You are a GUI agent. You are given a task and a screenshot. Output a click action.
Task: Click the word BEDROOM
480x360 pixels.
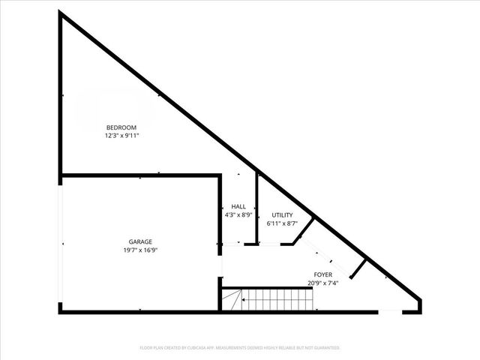pyautogui.click(x=121, y=127)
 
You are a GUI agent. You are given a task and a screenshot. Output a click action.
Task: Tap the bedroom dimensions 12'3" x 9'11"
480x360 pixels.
pyautogui.click(x=121, y=136)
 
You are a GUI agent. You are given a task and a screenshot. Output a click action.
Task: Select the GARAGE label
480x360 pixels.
pyautogui.click(x=140, y=241)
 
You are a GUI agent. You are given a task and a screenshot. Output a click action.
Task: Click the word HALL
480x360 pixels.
pyautogui.click(x=238, y=206)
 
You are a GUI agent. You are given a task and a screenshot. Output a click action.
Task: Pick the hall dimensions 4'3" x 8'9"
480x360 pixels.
pyautogui.click(x=238, y=214)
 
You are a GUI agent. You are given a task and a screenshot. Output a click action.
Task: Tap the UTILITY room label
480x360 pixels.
pyautogui.click(x=282, y=214)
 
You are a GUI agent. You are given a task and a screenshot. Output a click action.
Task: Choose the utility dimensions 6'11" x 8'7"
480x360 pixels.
pyautogui.click(x=282, y=223)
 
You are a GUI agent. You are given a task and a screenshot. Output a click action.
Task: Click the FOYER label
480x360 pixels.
pyautogui.click(x=323, y=274)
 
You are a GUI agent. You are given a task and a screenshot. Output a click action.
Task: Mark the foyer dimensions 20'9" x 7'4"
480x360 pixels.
pyautogui.click(x=323, y=283)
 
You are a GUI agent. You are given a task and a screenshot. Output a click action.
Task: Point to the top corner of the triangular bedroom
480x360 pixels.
pyautogui.click(x=61, y=15)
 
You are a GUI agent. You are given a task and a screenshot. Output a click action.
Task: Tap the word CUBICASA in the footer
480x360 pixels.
pyautogui.click(x=205, y=348)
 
